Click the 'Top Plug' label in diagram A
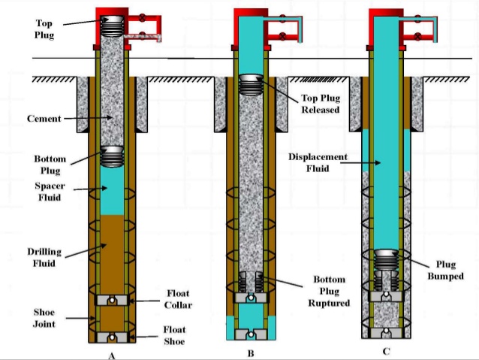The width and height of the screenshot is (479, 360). [x=44, y=29]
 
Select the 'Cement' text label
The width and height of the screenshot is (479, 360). [x=44, y=119]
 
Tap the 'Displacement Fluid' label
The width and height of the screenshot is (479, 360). [x=318, y=162]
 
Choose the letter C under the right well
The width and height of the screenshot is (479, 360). [x=386, y=349]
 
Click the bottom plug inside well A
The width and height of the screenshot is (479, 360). [x=112, y=156]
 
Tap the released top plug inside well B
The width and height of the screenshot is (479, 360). [x=250, y=84]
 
